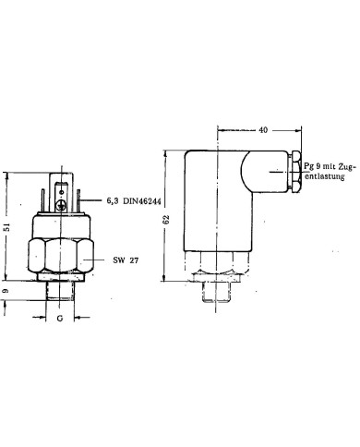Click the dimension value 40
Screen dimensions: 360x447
click(x=263, y=130)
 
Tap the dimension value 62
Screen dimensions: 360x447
click(x=166, y=220)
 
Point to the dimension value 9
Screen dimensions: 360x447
click(x=6, y=291)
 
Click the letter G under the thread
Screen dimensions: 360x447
click(x=60, y=318)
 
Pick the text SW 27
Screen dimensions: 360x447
click(x=126, y=260)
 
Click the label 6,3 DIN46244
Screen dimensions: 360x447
click(x=134, y=201)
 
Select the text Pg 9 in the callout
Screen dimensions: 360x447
click(x=312, y=166)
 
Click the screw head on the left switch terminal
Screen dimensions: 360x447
click(x=61, y=205)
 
